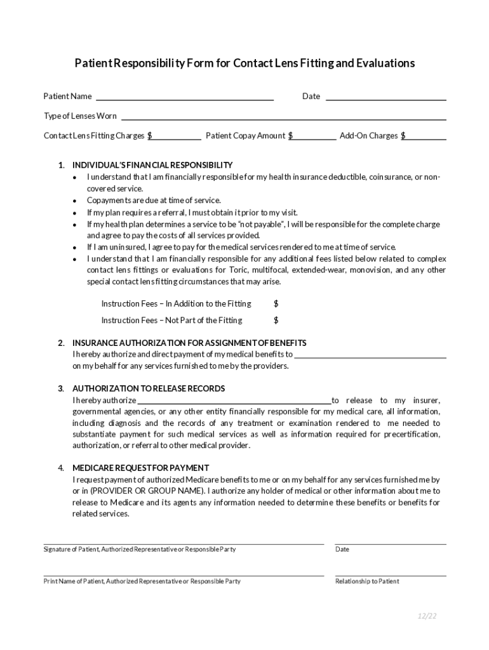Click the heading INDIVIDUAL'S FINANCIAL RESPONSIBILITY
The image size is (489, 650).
point(152,165)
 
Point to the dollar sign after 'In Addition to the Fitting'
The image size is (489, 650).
point(276,304)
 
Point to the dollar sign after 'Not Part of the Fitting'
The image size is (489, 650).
point(276,321)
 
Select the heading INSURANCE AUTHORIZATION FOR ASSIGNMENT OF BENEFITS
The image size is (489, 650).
point(189,343)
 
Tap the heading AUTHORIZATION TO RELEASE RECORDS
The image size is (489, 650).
point(149,388)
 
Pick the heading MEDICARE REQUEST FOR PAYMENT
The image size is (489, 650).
point(140,468)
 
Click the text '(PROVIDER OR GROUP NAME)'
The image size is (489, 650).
point(147,491)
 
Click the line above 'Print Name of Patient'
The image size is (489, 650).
point(184,575)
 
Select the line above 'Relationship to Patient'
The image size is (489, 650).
point(391,575)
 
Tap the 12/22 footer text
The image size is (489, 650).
point(427,616)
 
